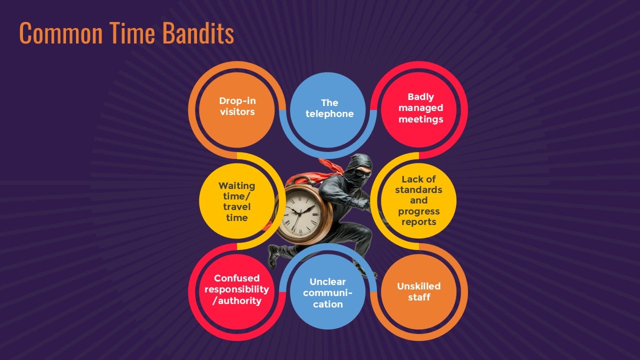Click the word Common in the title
[x=61, y=33]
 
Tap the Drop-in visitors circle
[x=237, y=110]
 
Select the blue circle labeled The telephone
[x=327, y=110]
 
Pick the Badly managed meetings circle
[x=419, y=110]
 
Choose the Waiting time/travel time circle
[x=237, y=201]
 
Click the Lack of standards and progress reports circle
[x=419, y=201]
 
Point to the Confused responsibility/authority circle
[x=237, y=291]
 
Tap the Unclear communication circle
[x=327, y=291]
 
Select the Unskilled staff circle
[x=419, y=291]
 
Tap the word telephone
[x=329, y=113]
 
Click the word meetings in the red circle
[x=420, y=119]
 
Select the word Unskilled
[x=418, y=286]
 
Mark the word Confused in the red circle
[x=237, y=278]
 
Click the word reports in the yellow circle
[x=419, y=222]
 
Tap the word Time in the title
[x=132, y=33]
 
